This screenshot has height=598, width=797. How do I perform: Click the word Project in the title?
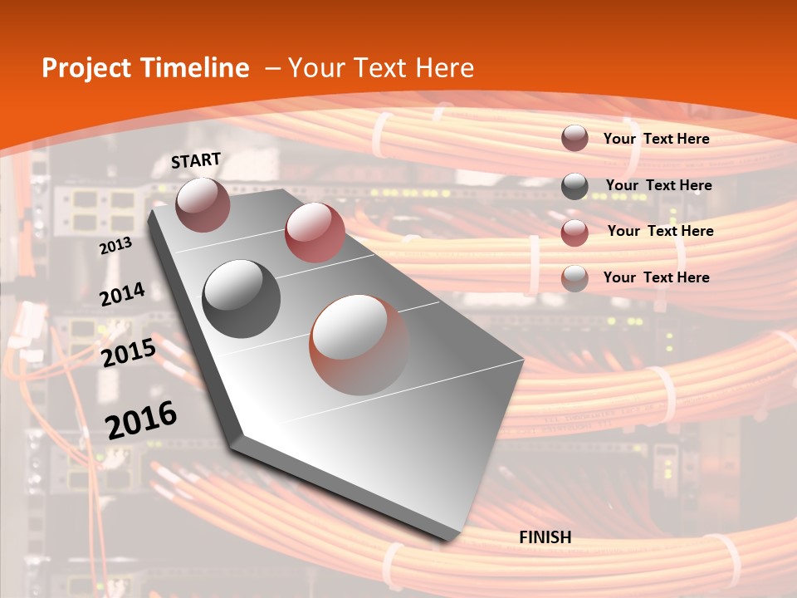tap(83, 69)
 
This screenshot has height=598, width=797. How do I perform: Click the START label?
tap(196, 160)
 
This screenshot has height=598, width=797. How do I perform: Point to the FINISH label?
tap(545, 537)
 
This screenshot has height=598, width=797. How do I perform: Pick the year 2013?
tap(115, 245)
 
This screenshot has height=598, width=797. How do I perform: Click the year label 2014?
tap(122, 294)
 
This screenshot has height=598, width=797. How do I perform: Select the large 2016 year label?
tap(141, 419)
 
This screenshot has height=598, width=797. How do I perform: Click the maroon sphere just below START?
tap(203, 204)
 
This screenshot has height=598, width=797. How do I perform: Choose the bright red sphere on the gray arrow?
tap(315, 233)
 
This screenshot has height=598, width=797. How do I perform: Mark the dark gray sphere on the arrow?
tap(242, 299)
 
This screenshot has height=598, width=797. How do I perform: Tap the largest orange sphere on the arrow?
tap(359, 345)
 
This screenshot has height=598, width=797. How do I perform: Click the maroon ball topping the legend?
tap(575, 139)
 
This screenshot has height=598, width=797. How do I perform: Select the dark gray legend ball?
tap(575, 186)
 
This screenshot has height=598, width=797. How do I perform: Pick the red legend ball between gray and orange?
tap(575, 233)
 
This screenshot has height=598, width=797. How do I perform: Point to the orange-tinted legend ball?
tap(575, 278)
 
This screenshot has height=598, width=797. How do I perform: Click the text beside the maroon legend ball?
tap(656, 139)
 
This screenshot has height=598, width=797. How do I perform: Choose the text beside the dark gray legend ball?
tap(658, 185)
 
